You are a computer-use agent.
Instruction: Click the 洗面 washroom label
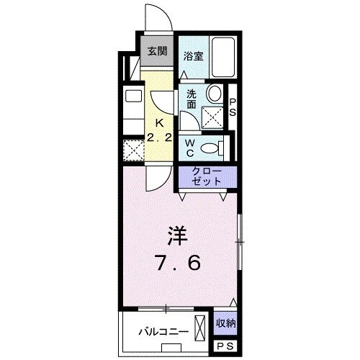[x=192, y=99]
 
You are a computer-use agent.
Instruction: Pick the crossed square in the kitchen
[x=132, y=150]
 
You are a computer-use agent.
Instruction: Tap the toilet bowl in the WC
[x=210, y=148]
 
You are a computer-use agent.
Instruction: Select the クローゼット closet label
[x=207, y=177]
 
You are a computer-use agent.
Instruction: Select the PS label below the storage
[x=225, y=346]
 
